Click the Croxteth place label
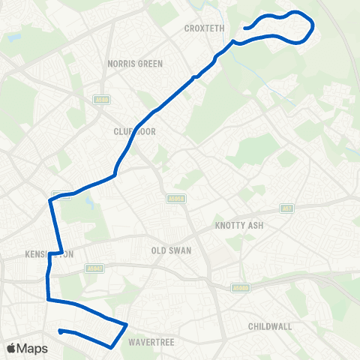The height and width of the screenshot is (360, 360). [205, 28]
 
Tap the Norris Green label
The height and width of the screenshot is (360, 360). [135, 64]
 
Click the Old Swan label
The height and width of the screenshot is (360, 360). [171, 250]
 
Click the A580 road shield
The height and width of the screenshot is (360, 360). [102, 99]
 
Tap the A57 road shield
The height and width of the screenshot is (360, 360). [286, 208]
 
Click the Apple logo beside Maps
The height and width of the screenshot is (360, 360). [11, 348]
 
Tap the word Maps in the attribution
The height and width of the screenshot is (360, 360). [32, 348]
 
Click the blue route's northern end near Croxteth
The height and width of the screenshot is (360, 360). [244, 29]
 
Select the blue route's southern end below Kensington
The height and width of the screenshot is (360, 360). [60, 330]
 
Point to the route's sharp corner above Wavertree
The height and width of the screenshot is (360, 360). [126, 325]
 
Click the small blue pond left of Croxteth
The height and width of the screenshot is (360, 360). [13, 36]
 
